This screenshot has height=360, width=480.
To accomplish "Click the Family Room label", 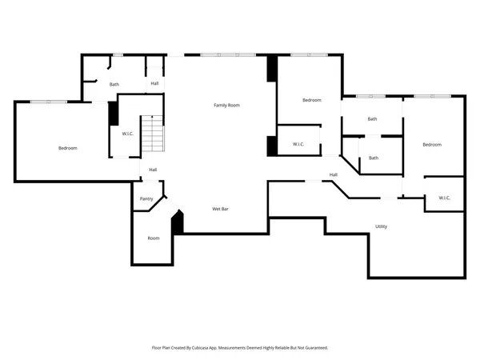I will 226,105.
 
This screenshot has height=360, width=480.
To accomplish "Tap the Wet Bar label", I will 222,209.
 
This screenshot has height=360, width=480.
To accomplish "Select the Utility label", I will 382,226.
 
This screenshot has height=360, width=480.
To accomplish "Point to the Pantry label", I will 146,198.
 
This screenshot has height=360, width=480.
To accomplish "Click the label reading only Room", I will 154,238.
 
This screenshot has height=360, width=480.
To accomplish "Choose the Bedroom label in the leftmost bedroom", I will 67,148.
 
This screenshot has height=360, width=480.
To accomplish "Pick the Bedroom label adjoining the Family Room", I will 311,100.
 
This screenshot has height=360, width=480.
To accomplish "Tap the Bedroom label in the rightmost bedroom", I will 432,144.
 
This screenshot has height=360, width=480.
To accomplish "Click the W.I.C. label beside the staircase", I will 128,134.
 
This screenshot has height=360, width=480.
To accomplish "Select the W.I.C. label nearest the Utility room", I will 445,198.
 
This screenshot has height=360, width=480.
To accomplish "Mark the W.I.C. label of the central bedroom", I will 298,144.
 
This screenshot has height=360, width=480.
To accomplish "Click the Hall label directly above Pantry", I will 152,170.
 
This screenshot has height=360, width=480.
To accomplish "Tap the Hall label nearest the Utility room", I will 334,174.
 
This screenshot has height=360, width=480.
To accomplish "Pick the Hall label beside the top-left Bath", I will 154,83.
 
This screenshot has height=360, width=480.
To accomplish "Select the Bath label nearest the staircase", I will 114,84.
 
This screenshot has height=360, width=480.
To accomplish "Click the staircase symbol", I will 153,134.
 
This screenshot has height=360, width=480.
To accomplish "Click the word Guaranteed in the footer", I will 314,348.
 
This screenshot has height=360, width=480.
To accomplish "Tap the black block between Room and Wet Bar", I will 178,222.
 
